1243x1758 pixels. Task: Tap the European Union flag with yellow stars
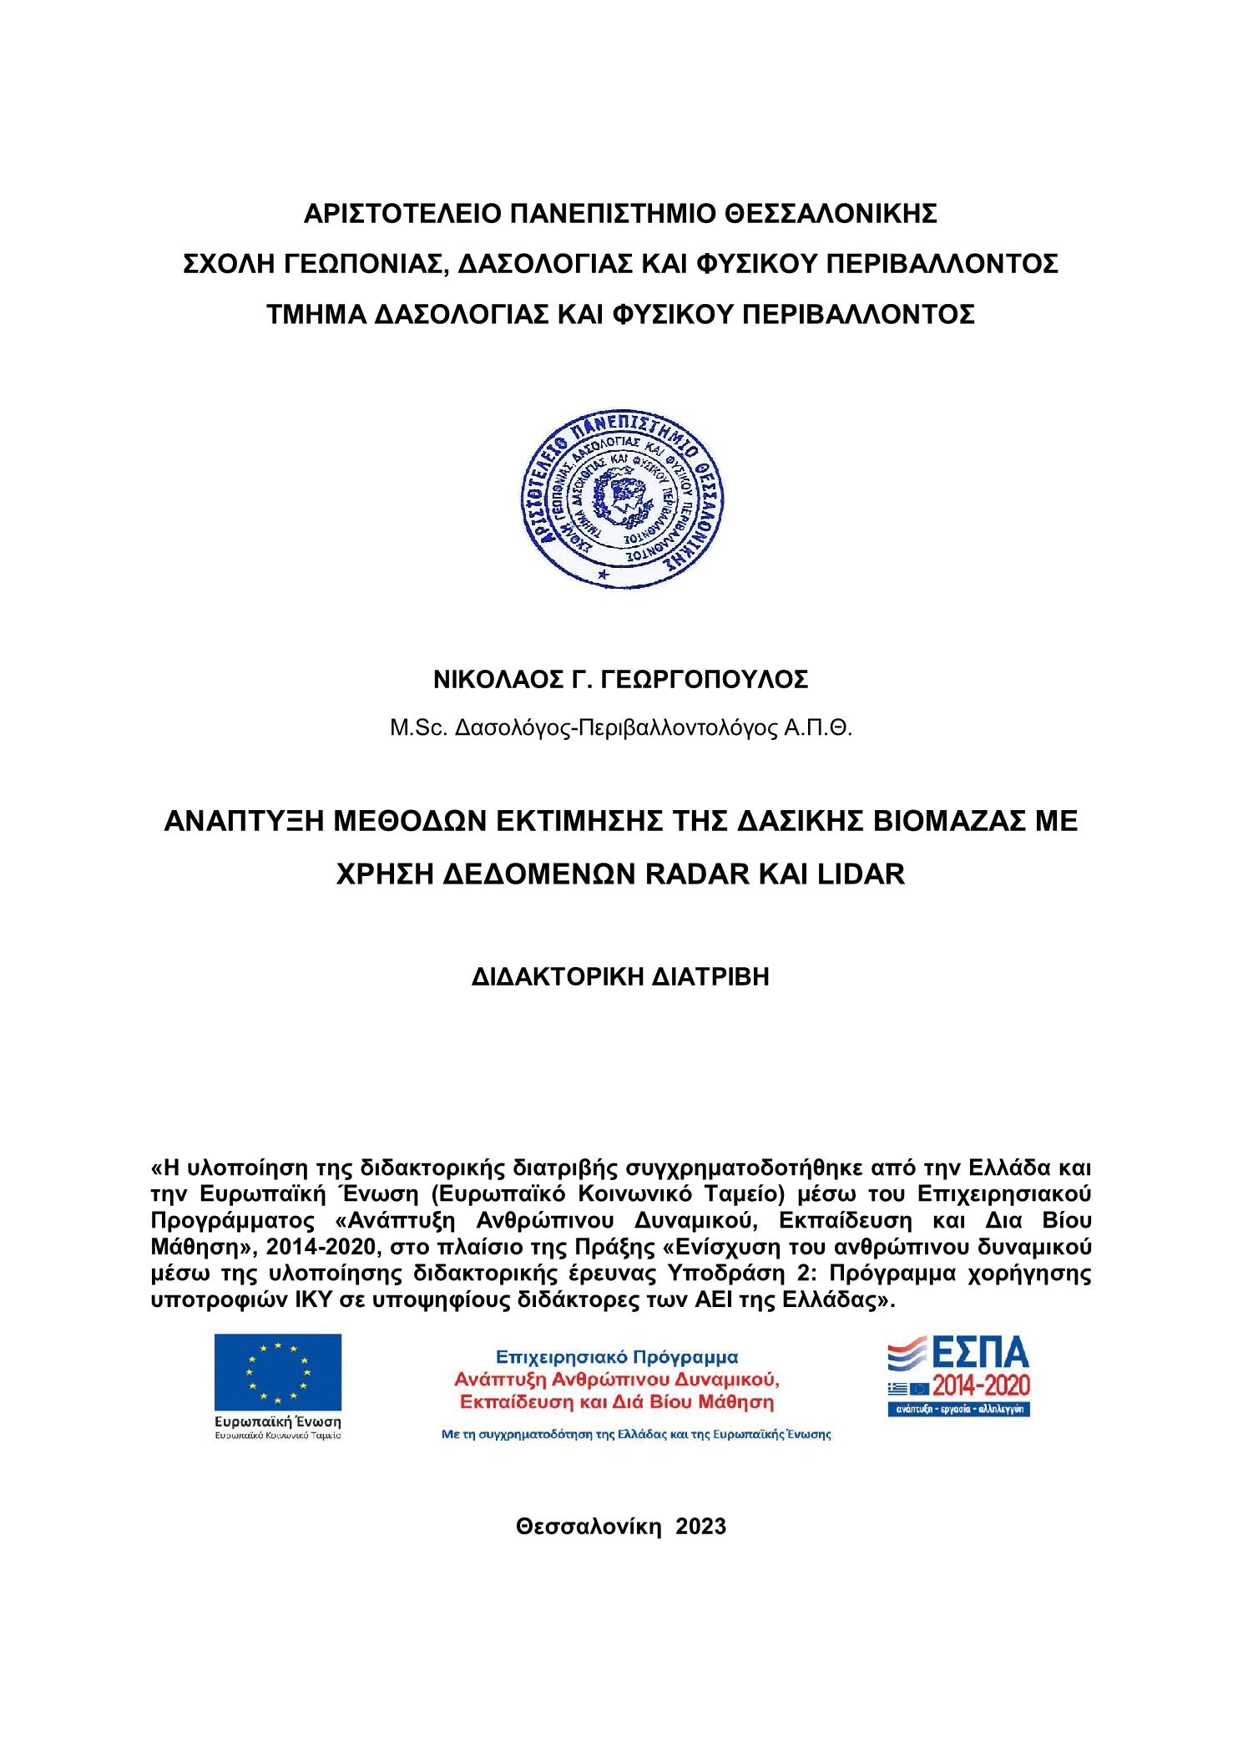(x=277, y=1371)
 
